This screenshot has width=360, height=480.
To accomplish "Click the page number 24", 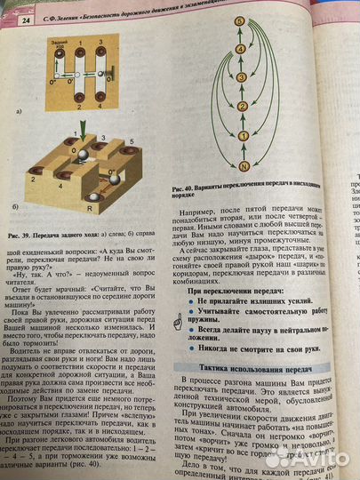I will click(26, 19).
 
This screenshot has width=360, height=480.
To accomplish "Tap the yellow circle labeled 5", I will click(239, 20).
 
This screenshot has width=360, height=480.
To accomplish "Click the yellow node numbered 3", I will click(239, 77).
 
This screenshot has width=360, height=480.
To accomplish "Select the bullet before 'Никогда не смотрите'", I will click(189, 349).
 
